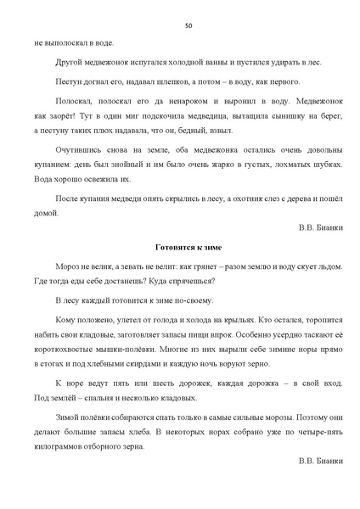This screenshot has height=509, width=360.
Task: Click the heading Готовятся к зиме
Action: (188, 247)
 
